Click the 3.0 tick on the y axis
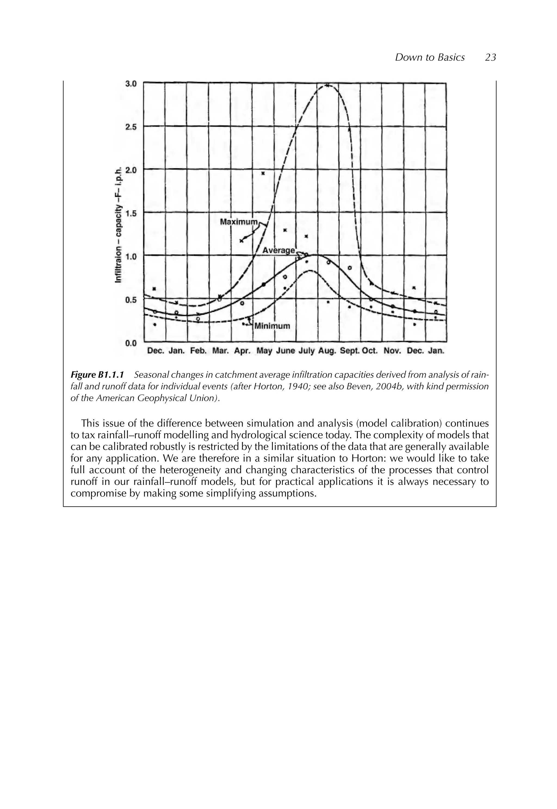coord(131,84)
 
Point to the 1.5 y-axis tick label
coord(131,213)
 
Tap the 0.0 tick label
coord(131,343)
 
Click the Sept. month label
coord(349,351)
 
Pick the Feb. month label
coord(198,351)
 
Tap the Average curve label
coord(278,250)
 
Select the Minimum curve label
coord(272,326)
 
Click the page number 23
coord(490,58)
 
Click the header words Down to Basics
coord(430,58)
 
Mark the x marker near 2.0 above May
coord(264,173)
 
